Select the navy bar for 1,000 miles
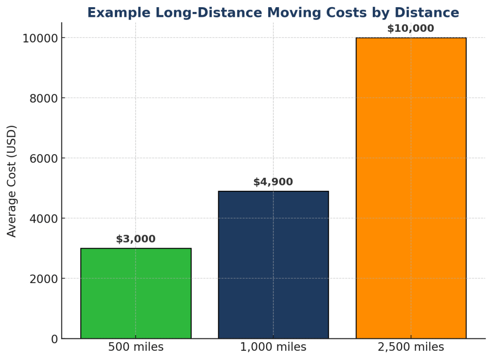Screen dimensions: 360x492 pyautogui.click(x=273, y=265)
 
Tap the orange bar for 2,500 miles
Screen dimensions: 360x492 pyautogui.click(x=411, y=188)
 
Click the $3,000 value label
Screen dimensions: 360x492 pyautogui.click(x=136, y=239)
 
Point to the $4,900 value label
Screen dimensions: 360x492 pyautogui.click(x=273, y=182)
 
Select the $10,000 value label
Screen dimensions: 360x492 pyautogui.click(x=410, y=28)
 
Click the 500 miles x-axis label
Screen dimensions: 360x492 pyautogui.click(x=136, y=347)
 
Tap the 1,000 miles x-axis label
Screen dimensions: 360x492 pyautogui.click(x=273, y=347)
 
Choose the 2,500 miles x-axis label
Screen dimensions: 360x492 pyautogui.click(x=411, y=347)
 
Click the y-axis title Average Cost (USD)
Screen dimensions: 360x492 pyautogui.click(x=12, y=181)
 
